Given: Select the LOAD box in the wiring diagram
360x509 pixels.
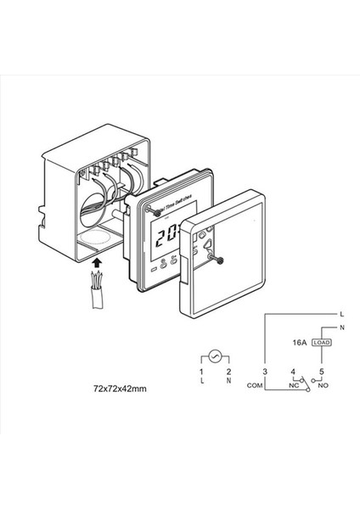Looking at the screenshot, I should coord(321,342).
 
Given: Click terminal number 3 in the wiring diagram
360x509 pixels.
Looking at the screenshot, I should coord(265,372).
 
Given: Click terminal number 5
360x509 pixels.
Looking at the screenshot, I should coord(322,372).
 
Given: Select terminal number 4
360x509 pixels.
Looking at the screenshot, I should coord(292,372).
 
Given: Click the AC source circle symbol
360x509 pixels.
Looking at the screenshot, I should coord(216,356).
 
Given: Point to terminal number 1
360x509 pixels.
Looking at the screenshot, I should coord(200,372).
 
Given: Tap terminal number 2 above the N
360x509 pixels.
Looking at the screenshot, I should coord(228,372).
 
